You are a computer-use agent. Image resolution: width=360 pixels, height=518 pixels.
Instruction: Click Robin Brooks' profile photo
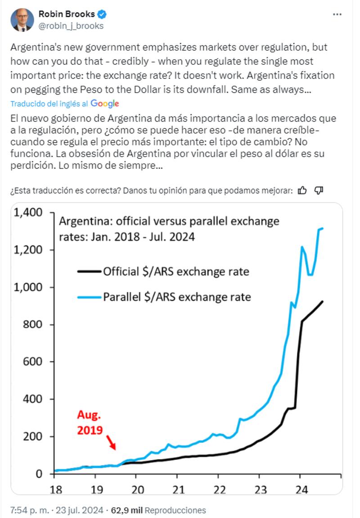22,20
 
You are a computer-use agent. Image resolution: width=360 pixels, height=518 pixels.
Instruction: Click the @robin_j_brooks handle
71,26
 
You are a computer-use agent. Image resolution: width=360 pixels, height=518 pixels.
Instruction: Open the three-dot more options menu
337,14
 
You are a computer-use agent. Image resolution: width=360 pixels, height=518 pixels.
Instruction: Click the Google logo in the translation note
105,104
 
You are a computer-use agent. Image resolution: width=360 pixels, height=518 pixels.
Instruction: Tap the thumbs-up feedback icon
302,190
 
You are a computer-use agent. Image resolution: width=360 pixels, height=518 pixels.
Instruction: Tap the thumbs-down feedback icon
319,190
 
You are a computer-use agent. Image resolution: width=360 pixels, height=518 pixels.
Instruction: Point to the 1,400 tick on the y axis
29,212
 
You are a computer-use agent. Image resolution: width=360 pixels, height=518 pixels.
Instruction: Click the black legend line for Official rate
89,271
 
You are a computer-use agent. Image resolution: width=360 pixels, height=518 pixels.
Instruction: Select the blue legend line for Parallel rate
89,297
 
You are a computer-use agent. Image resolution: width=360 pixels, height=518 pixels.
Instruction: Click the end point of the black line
323,302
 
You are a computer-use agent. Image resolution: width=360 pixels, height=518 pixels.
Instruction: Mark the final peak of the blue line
323,229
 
